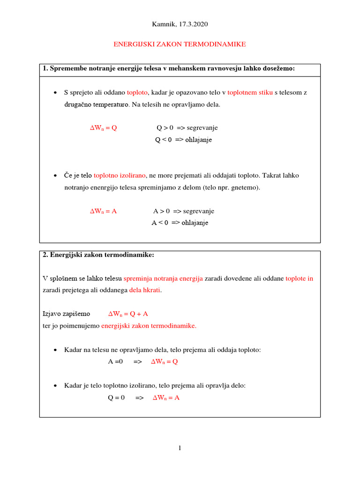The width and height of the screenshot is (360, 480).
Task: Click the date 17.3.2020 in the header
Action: (192, 24)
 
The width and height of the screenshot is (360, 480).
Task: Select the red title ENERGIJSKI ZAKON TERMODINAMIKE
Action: (180, 44)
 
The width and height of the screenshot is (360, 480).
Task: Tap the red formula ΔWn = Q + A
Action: (128, 314)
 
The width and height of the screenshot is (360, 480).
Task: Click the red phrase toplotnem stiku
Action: (250, 93)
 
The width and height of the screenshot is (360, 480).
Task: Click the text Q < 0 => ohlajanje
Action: (183, 140)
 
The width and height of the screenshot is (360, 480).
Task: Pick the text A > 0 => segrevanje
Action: (184, 211)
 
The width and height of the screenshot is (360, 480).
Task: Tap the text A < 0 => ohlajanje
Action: (180, 223)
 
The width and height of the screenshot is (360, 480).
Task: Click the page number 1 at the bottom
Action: (180, 448)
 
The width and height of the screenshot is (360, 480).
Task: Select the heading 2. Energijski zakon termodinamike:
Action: (98, 255)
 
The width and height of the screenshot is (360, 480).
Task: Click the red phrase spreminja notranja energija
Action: (163, 278)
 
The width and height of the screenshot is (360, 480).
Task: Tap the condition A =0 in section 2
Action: (115, 361)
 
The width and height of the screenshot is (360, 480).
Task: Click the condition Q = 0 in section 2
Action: (116, 397)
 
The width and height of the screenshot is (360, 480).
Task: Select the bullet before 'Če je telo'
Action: (55, 176)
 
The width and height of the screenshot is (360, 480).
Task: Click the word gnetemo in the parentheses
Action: (247, 187)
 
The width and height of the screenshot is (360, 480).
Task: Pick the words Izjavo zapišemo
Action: (66, 314)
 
